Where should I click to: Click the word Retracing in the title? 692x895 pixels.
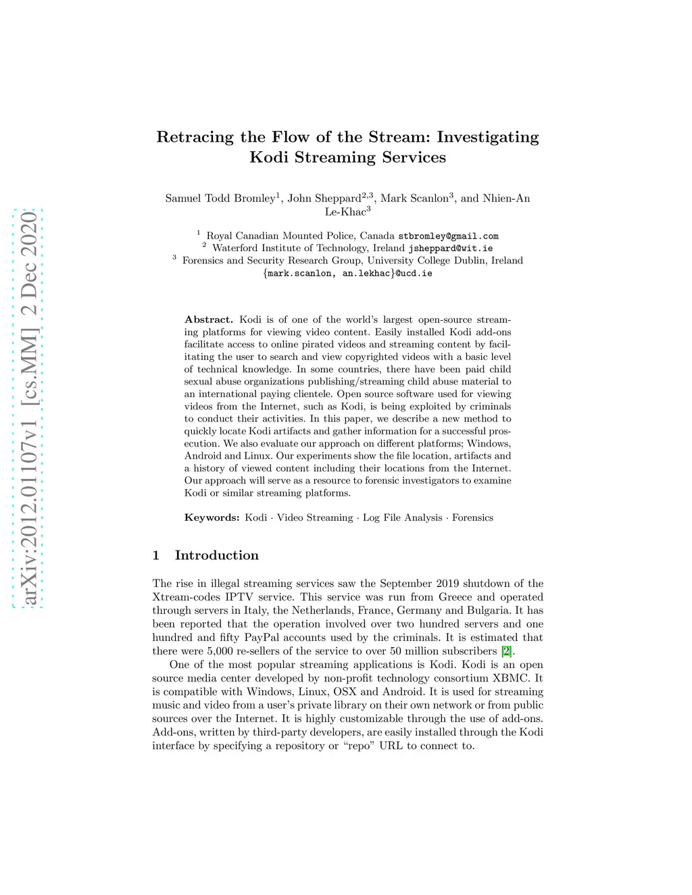pos(195,137)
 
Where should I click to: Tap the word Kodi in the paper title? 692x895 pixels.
pos(271,157)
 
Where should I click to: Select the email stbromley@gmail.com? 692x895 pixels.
pos(448,236)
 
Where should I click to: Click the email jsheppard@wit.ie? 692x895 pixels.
pos(450,249)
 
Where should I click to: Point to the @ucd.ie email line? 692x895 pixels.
pos(347,274)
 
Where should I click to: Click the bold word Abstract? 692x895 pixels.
pos(208,319)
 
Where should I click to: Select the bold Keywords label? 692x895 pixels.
pos(212,517)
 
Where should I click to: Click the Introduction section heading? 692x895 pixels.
pos(216,555)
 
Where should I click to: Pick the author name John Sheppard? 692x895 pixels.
pos(324,198)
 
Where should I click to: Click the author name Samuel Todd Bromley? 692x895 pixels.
pos(220,198)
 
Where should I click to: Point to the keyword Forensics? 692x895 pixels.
pos(472,517)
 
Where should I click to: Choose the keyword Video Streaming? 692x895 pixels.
pos(315,517)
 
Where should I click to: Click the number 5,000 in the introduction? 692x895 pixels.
pos(220,651)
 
